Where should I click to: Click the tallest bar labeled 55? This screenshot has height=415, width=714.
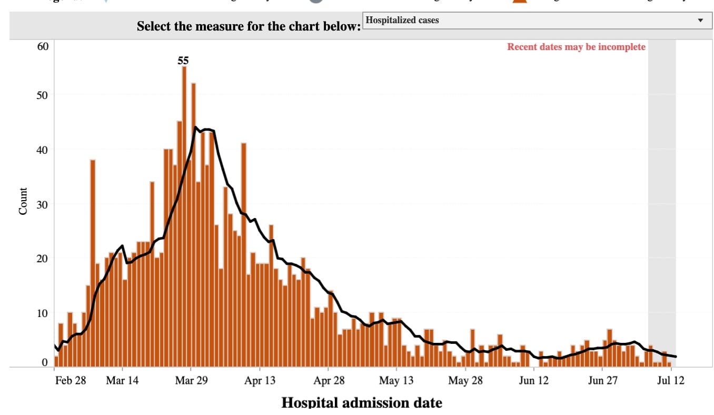click(x=184, y=216)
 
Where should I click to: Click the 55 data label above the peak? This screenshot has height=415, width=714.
click(x=183, y=61)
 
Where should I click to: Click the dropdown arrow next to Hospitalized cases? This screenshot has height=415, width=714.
click(x=700, y=21)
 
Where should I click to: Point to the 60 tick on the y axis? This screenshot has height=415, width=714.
click(x=43, y=46)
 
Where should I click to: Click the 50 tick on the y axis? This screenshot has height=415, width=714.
click(x=43, y=95)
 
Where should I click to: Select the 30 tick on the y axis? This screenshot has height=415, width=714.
click(x=43, y=204)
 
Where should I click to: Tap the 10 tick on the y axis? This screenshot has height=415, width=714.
click(x=43, y=313)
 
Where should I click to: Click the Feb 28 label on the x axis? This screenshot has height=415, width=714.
click(x=71, y=381)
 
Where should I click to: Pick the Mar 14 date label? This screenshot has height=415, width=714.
click(x=122, y=381)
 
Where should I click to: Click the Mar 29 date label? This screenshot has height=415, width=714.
click(x=191, y=381)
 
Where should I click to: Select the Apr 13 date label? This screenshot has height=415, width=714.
click(x=260, y=381)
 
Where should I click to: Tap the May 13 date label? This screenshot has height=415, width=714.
click(x=396, y=381)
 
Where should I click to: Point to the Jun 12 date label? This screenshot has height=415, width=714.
click(x=533, y=381)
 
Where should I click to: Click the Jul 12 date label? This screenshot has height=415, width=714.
click(x=671, y=381)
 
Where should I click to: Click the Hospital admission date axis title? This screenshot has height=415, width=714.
click(x=362, y=403)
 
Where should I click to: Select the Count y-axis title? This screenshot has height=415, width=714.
click(x=23, y=201)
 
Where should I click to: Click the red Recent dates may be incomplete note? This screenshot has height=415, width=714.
click(x=576, y=47)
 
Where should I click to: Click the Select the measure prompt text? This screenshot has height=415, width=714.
click(x=249, y=26)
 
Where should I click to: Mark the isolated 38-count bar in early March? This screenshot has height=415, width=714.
click(x=93, y=263)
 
